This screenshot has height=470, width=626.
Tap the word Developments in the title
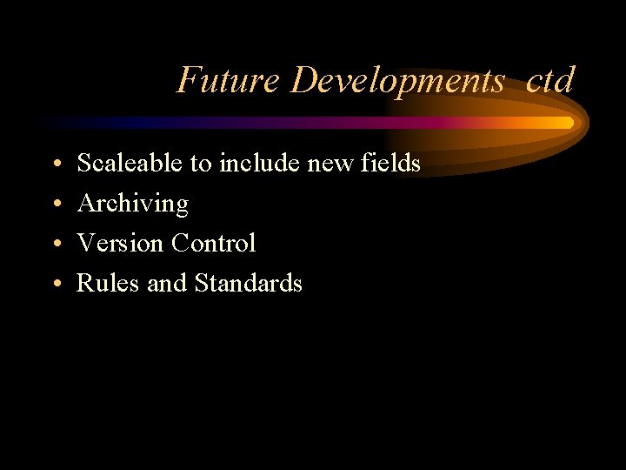[x=398, y=81]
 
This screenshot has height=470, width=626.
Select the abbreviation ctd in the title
[x=550, y=81]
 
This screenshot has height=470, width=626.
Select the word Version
[x=121, y=243]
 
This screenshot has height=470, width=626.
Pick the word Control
[x=213, y=243]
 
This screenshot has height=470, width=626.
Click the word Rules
[x=109, y=283]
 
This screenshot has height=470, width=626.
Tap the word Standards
[x=249, y=283]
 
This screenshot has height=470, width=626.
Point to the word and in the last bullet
[x=167, y=283]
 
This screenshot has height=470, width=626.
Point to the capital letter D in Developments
[x=305, y=81]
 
